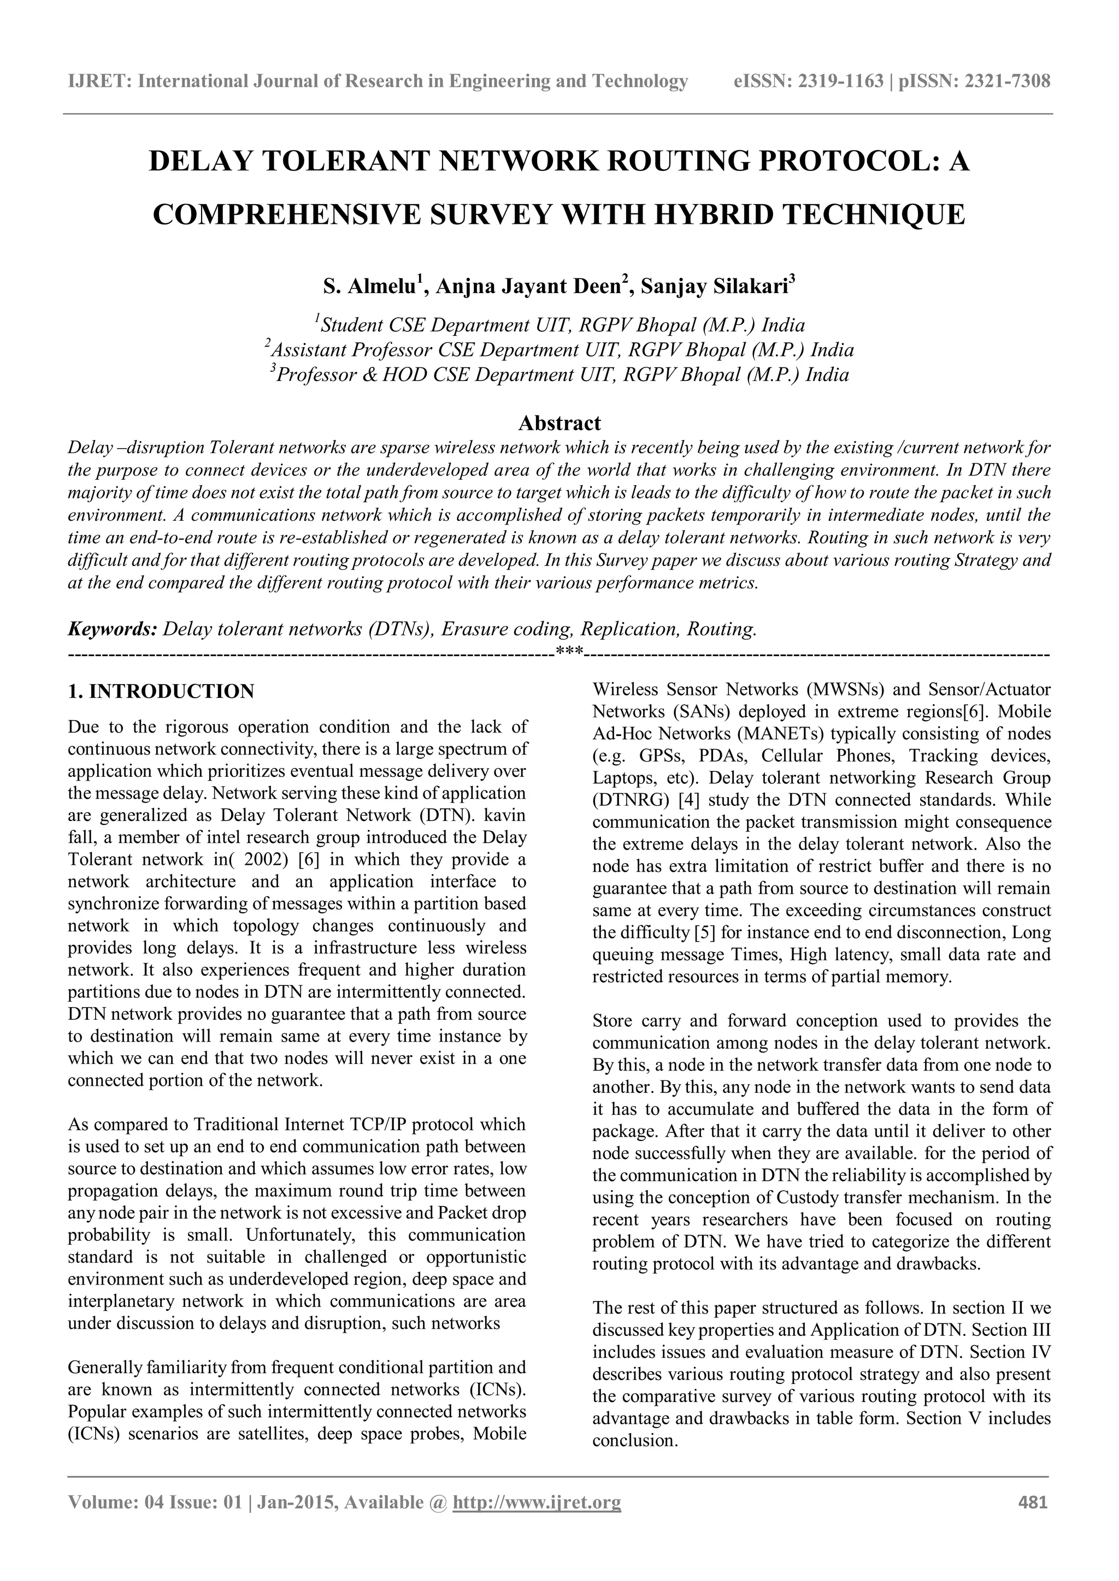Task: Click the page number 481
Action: coord(1033,1502)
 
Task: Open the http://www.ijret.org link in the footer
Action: coord(536,1502)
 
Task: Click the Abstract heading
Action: coord(559,422)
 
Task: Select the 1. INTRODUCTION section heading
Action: coord(161,691)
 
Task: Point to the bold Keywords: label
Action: coord(113,629)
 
